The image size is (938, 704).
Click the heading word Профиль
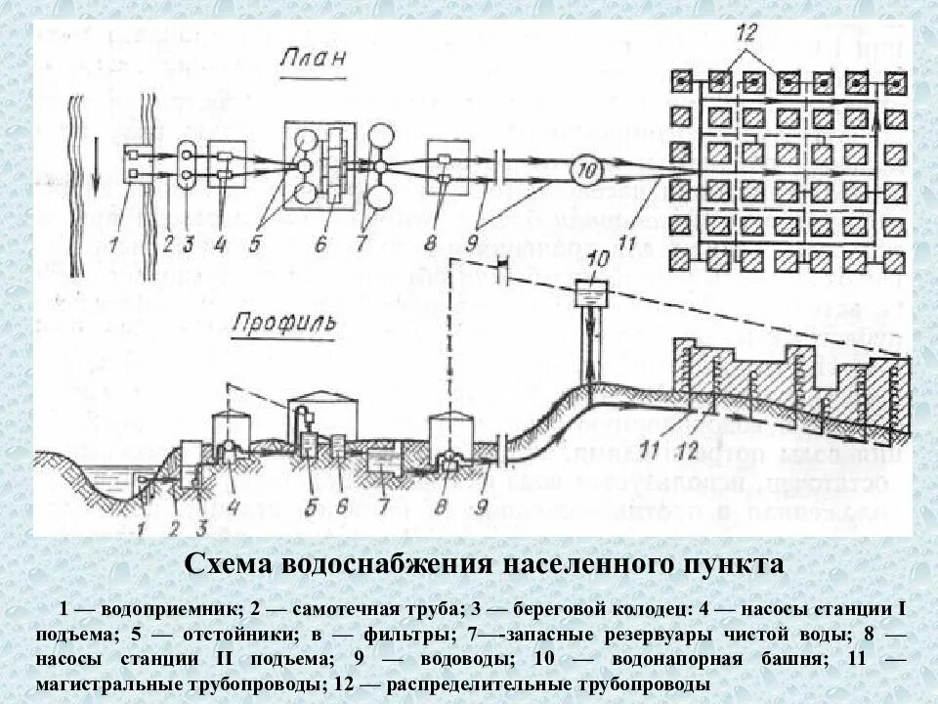point(282,323)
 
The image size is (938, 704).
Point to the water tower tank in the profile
point(588,291)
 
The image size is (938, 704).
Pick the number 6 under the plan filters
point(320,242)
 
